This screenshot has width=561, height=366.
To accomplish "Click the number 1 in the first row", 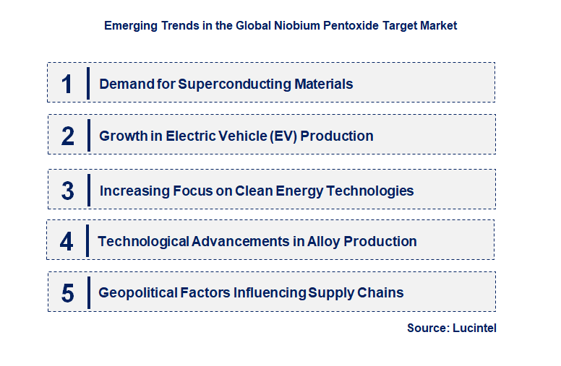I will [x=67, y=84].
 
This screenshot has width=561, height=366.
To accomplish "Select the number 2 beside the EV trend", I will [x=67, y=136].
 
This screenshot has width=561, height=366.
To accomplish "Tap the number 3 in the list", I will [x=67, y=191].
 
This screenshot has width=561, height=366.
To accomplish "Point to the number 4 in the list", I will [x=67, y=241].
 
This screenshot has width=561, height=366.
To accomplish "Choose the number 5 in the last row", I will [x=67, y=293].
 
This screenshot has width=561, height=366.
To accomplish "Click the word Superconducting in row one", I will [x=234, y=84].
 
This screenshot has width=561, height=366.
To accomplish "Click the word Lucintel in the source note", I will [x=475, y=328].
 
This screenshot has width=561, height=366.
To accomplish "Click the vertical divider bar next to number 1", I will [x=88, y=83].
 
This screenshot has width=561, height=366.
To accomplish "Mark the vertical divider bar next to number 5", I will [x=88, y=292].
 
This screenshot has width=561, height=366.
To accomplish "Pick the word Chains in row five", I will [x=382, y=292].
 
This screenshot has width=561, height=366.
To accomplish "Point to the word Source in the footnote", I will [x=427, y=328].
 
